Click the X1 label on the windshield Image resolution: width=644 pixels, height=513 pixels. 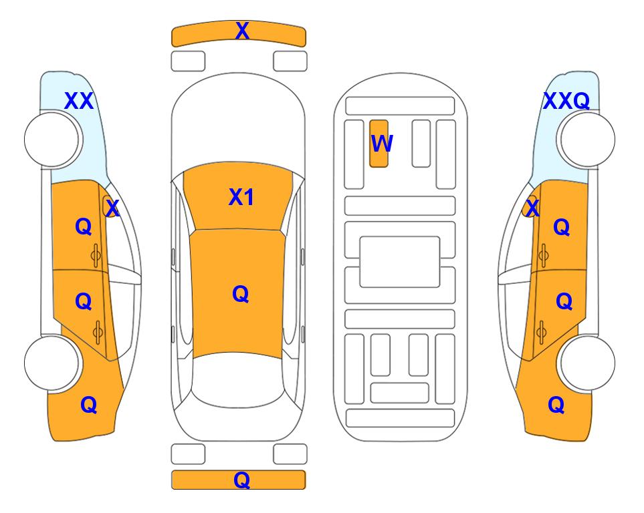pyautogui.click(x=241, y=197)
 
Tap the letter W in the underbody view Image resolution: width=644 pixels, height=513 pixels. pyautogui.click(x=382, y=144)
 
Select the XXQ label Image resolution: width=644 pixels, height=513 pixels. pyautogui.click(x=566, y=101)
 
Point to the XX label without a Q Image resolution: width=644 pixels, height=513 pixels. pyautogui.click(x=79, y=101)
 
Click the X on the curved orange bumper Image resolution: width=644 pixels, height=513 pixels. pyautogui.click(x=242, y=31)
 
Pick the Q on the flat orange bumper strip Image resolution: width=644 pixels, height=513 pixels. pyautogui.click(x=241, y=480)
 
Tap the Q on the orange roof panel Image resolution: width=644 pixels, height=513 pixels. pyautogui.click(x=240, y=295)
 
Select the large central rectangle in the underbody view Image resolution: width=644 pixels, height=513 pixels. pyautogui.click(x=400, y=262)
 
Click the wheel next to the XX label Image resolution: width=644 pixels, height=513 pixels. pyautogui.click(x=52, y=139)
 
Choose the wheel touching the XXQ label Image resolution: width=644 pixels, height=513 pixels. pyautogui.click(x=587, y=139)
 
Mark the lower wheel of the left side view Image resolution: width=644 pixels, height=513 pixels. pyautogui.click(x=52, y=363)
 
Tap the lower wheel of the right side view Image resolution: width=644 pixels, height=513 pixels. pyautogui.click(x=587, y=363)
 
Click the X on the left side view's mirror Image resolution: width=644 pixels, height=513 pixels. pyautogui.click(x=112, y=208)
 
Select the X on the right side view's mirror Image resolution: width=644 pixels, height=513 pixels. pyautogui.click(x=532, y=208)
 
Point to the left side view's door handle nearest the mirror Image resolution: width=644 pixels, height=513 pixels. pyautogui.click(x=96, y=256)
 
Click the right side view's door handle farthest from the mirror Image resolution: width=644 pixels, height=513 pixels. pyautogui.click(x=542, y=333)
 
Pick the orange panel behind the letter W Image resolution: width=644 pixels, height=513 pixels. pyautogui.click(x=379, y=144)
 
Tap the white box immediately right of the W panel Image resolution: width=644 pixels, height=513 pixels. pyautogui.click(x=421, y=144)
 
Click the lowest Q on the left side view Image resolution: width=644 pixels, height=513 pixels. pyautogui.click(x=89, y=405)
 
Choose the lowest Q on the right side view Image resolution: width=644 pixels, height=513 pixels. pyautogui.click(x=556, y=405)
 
